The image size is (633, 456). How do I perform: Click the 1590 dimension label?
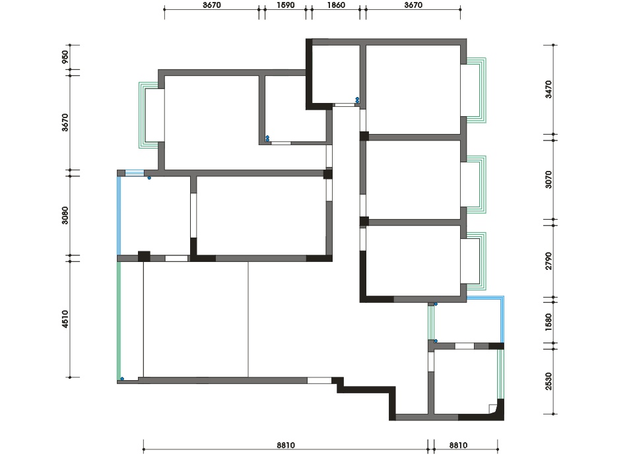point(285,5)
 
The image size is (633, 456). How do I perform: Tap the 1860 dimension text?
point(336,5)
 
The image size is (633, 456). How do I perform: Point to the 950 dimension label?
point(65,57)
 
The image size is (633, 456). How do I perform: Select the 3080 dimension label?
point(65,216)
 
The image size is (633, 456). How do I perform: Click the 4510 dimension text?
point(65,319)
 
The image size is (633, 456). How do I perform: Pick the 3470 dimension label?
point(548,89)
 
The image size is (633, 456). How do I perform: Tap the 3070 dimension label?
point(548,179)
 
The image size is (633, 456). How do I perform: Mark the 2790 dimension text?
point(548,261)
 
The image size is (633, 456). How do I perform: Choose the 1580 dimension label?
point(548,323)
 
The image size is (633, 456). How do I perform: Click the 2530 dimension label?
point(548,381)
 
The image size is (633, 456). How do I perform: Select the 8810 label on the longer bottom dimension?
point(286,445)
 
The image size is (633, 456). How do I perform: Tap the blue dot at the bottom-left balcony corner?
point(122,379)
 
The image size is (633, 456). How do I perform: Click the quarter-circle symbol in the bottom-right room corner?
point(492,408)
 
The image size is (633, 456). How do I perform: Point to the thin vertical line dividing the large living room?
point(248,319)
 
